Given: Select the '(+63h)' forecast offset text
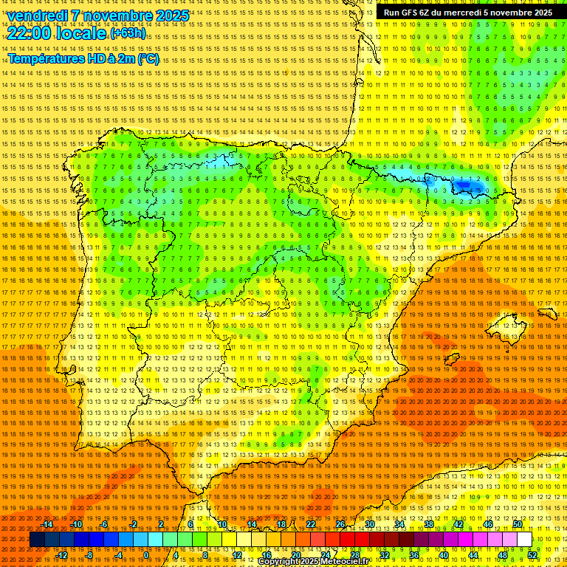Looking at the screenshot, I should pos(128,33).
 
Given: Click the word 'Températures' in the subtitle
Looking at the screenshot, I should pos(47,58).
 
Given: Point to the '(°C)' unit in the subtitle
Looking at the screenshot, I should pos(148,58).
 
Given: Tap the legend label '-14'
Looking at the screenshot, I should pos(47,524).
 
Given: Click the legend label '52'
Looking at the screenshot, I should pos(532,555).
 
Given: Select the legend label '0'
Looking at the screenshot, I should pos(146,555).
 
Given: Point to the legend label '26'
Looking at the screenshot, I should pos(340,524).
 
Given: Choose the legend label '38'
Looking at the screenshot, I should pos(428,524).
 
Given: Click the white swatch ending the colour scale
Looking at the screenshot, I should pos(524,540).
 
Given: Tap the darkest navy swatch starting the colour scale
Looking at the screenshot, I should pos(36,540).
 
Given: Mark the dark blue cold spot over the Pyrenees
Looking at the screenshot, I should pos(466,185).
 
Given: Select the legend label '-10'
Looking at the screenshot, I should pos(76,524).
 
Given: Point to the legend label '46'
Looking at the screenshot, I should pos(487,524).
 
